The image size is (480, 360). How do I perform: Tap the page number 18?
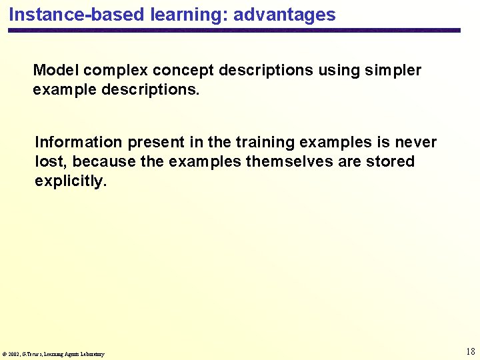point(470,351)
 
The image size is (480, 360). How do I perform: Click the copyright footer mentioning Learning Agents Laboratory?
point(53,354)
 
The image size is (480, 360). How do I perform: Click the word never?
point(416,143)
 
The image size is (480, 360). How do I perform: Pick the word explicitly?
point(69,181)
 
